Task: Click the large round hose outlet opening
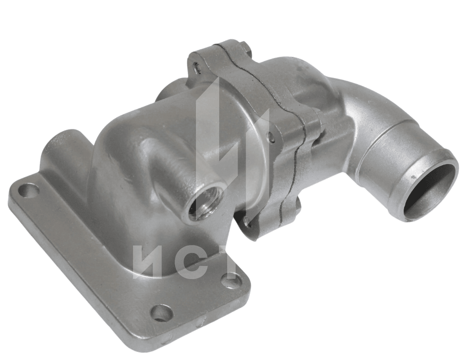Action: (426, 190)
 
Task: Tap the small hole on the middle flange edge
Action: (270, 136)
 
